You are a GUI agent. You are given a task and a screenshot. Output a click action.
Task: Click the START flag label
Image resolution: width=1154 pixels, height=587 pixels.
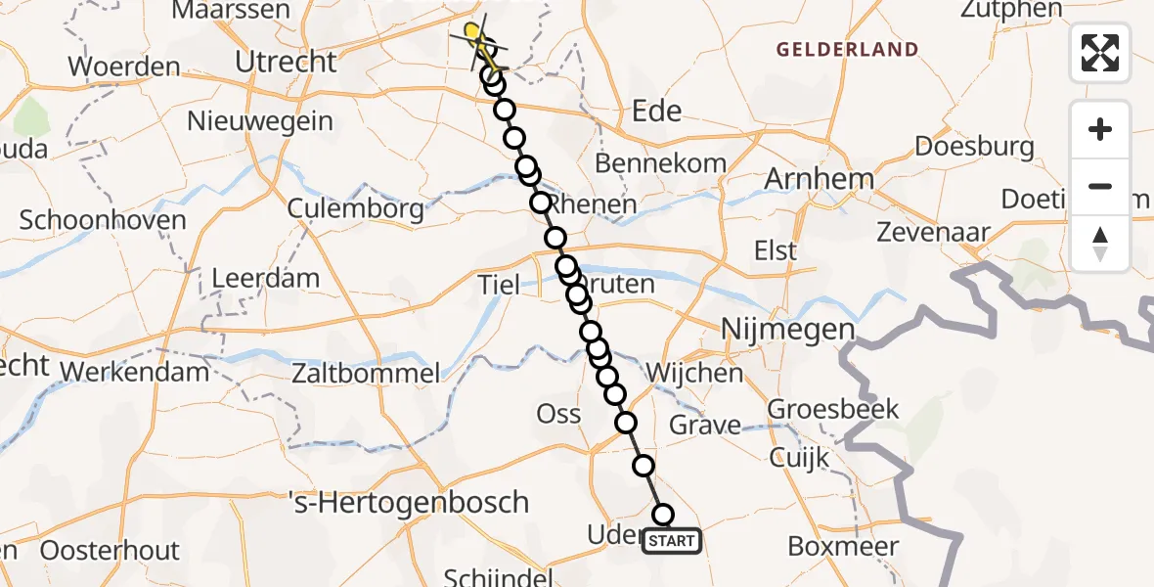[x=671, y=541]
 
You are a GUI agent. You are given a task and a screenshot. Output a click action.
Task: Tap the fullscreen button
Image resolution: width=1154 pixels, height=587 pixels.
[x=1100, y=53]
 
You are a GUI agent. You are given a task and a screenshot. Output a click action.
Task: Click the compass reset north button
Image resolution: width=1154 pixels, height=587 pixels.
[x=1100, y=243]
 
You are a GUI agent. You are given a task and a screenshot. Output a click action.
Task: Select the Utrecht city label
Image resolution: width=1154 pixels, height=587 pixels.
[x=286, y=62]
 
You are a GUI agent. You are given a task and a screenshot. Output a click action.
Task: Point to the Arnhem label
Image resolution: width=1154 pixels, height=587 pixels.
[x=804, y=180]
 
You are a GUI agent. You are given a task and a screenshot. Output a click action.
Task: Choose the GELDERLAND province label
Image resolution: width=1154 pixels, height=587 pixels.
[x=847, y=49]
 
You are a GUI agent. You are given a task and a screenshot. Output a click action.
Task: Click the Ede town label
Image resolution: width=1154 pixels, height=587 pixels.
[x=657, y=111]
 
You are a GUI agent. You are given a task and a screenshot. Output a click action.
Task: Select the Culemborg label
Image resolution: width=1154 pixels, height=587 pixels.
[x=356, y=208]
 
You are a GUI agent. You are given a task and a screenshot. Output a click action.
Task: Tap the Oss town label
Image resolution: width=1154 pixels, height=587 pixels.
[x=559, y=414]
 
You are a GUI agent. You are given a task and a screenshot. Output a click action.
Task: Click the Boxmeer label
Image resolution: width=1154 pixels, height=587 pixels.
[x=843, y=546]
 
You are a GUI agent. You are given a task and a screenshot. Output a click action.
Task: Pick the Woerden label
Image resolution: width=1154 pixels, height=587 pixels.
[x=124, y=68]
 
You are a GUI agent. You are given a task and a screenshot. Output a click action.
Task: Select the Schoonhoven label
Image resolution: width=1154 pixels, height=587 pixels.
[x=103, y=219]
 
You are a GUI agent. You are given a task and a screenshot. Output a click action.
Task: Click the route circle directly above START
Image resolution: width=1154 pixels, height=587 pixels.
[x=663, y=515]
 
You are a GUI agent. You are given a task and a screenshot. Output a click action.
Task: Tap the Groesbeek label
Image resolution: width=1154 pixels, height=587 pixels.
[x=834, y=409]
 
